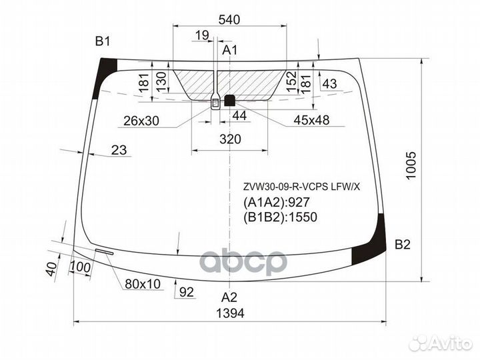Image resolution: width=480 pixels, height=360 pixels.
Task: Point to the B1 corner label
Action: pyautogui.click(x=101, y=42)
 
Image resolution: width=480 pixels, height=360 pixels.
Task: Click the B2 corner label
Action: pyautogui.click(x=402, y=245)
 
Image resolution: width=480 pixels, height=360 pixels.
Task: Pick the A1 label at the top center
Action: pyautogui.click(x=229, y=50)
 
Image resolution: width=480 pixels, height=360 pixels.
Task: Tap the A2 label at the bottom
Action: pyautogui.click(x=229, y=297)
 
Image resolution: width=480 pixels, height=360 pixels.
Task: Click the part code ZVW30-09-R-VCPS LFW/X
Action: pyautogui.click(x=301, y=187)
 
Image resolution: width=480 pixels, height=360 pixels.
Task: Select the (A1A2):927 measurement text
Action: pyautogui.click(x=277, y=203)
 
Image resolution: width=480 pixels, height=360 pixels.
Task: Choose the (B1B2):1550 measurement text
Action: pyautogui.click(x=280, y=217)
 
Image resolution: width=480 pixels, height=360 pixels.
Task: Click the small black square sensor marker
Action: pyautogui.click(x=230, y=101)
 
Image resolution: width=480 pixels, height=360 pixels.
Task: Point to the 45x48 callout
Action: pyautogui.click(x=311, y=121)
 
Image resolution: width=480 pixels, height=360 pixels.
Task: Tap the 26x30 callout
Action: pyautogui.click(x=141, y=121)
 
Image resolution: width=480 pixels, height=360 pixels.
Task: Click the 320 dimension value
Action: pyautogui.click(x=229, y=139)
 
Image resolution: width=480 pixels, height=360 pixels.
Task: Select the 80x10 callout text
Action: pyautogui.click(x=142, y=284)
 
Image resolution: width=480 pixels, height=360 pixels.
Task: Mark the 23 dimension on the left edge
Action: pyautogui.click(x=118, y=150)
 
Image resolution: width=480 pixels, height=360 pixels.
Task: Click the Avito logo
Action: pyautogui.click(x=441, y=343)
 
